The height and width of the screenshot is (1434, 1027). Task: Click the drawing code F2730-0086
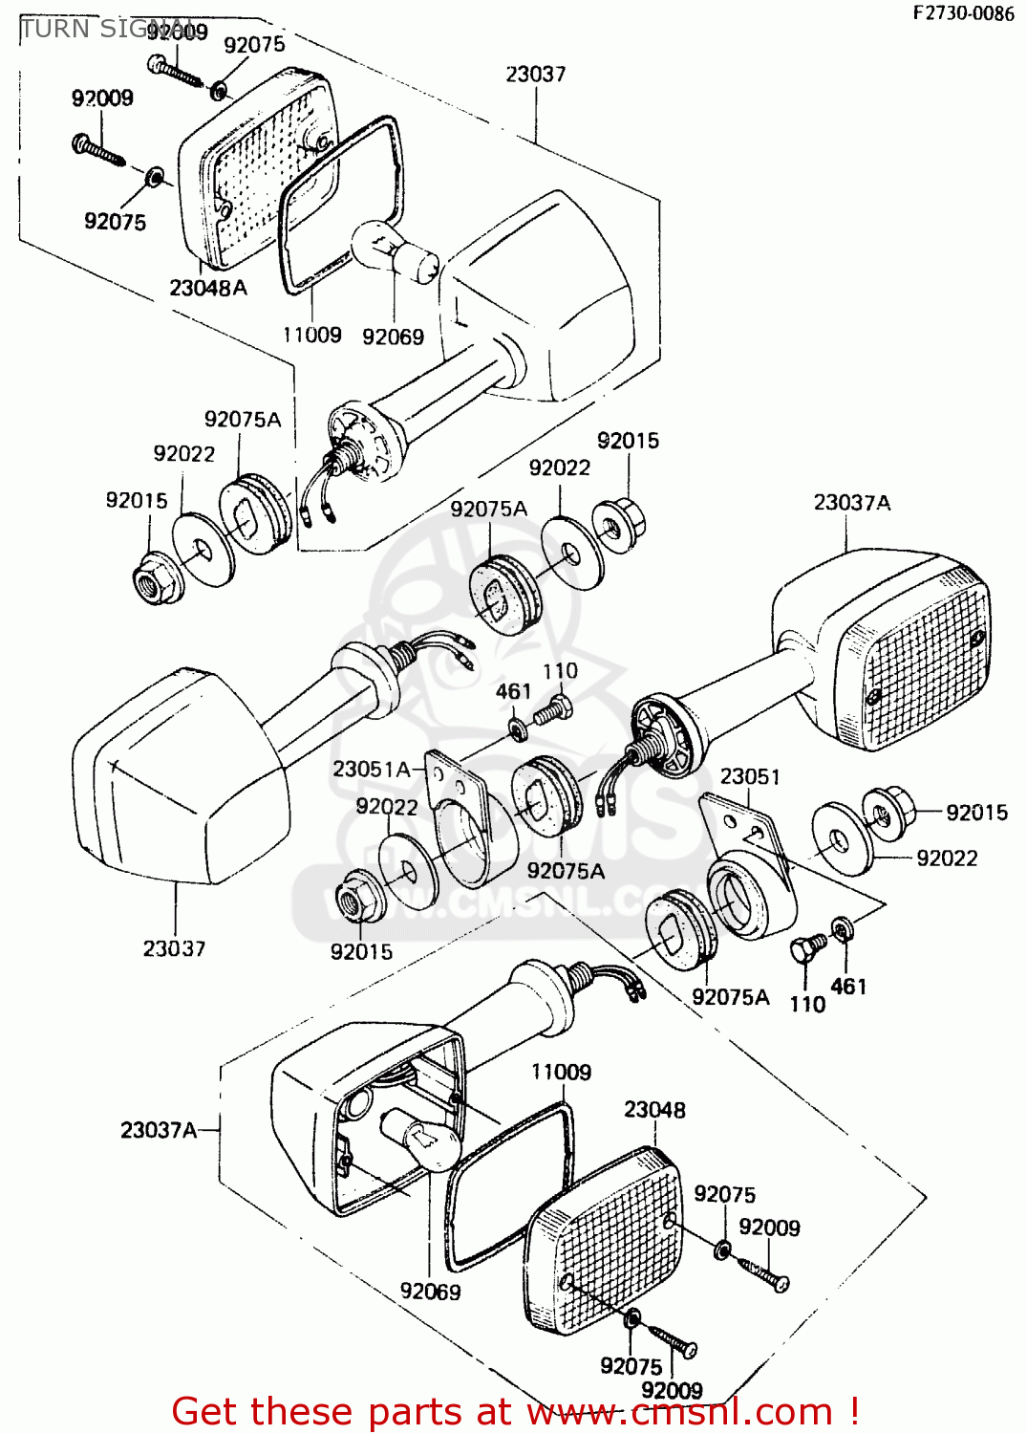coord(963,12)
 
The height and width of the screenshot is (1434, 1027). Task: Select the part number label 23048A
coord(207,287)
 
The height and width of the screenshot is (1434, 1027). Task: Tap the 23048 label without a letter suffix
coord(654,1109)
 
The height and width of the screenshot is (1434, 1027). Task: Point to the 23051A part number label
coord(371,769)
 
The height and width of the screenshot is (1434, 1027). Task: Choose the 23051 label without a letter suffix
coord(750,776)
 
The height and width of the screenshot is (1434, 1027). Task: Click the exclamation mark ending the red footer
coord(853,1412)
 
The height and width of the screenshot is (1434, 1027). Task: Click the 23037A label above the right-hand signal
coord(851,503)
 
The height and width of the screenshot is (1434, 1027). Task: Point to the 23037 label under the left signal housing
coord(174,948)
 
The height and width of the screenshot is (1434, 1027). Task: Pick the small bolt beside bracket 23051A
coord(551,710)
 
